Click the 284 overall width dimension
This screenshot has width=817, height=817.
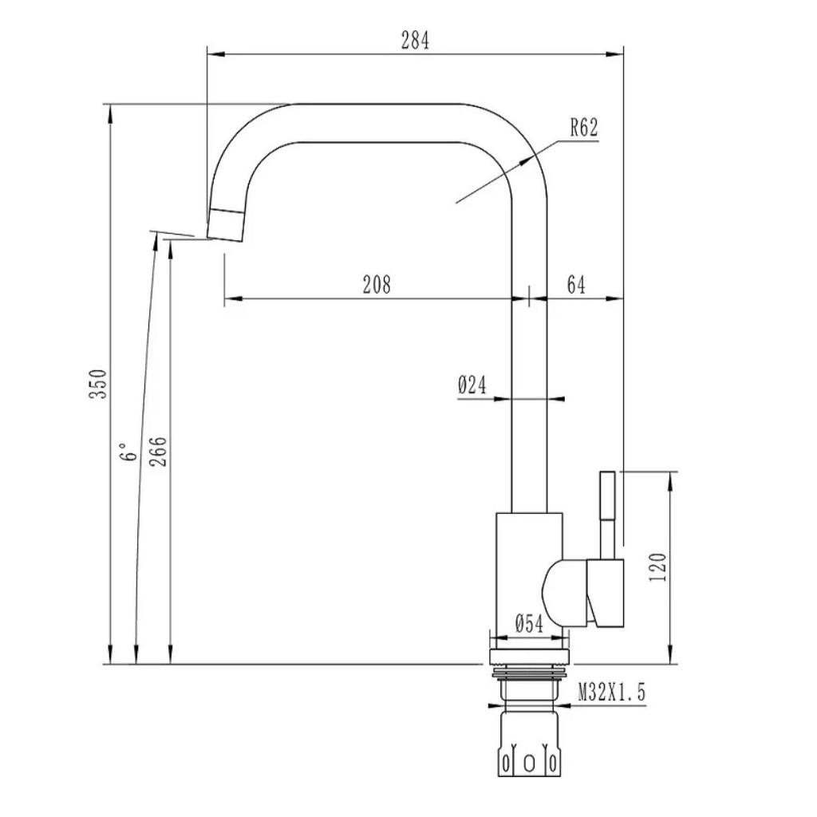pos(415,40)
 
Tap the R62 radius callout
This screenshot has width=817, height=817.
pos(583,128)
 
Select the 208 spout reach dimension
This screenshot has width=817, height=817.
pos(377,285)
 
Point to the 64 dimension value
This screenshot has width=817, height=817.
pos(576,285)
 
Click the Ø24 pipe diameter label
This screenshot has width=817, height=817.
pos(472,385)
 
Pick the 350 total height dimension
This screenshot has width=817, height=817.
pos(98,384)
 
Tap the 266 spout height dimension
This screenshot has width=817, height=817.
pos(159,452)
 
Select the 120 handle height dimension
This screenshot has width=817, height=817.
pos(658,567)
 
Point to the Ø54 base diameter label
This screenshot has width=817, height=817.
pos(529,623)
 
